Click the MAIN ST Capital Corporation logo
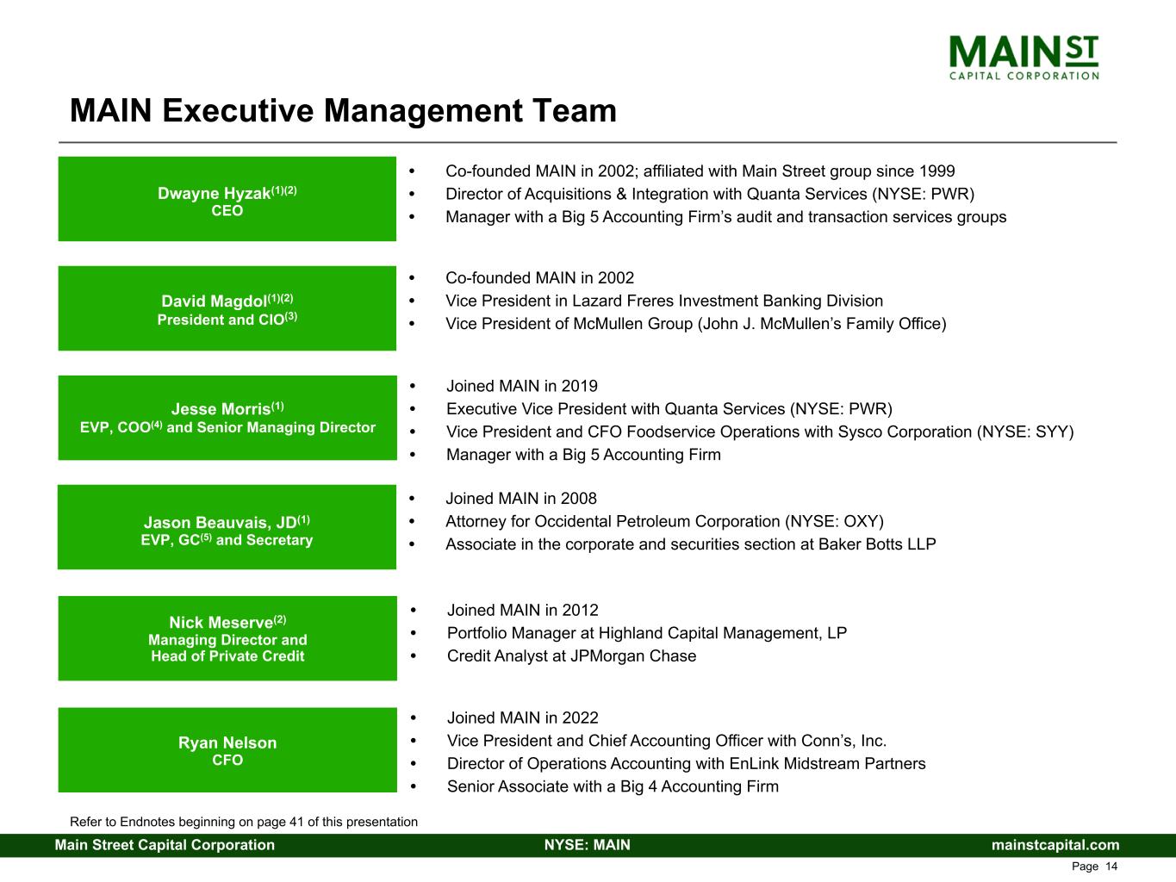[x=1024, y=58]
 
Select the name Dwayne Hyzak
[x=214, y=193]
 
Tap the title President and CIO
[x=221, y=320]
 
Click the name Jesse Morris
[x=221, y=409]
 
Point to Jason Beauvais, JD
[x=221, y=523]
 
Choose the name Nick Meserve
[x=221, y=622]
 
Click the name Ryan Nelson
[x=227, y=742]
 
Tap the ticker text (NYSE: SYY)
[x=1025, y=432]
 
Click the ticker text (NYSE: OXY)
[x=835, y=521]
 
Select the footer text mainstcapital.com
[x=1055, y=845]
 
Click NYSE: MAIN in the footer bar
[x=588, y=845]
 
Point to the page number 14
[x=1111, y=866]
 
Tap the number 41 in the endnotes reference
[x=297, y=822]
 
